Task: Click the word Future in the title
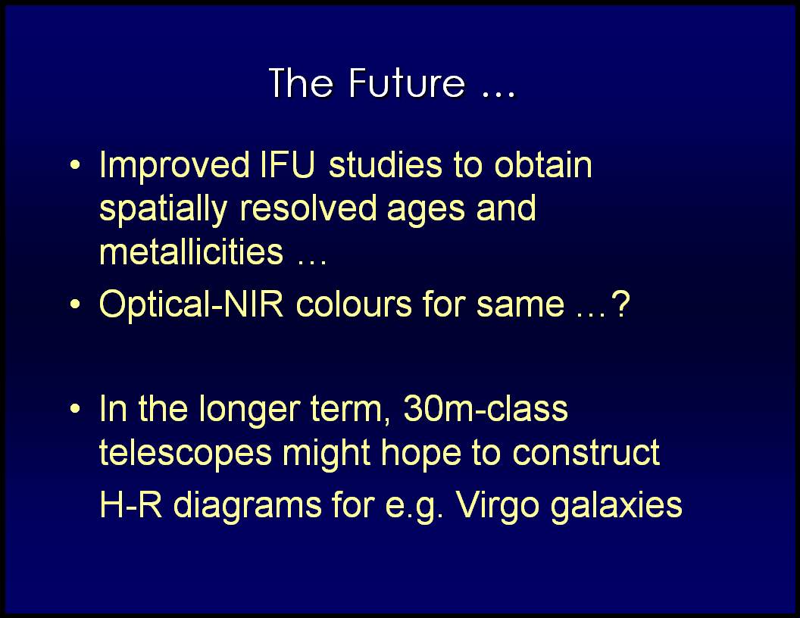pos(407,83)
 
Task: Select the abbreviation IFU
pos(287,164)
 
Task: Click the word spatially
pos(164,210)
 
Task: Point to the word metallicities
pos(192,251)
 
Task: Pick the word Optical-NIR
pos(192,304)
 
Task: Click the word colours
pos(354,305)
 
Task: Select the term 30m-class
pos(485,409)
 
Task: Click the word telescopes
pos(186,454)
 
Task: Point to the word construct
pos(586,453)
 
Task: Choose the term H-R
pos(130,505)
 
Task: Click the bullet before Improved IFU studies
pos(75,166)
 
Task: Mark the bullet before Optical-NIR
pos(75,305)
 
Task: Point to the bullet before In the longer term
pos(75,409)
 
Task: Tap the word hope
pos(421,454)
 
